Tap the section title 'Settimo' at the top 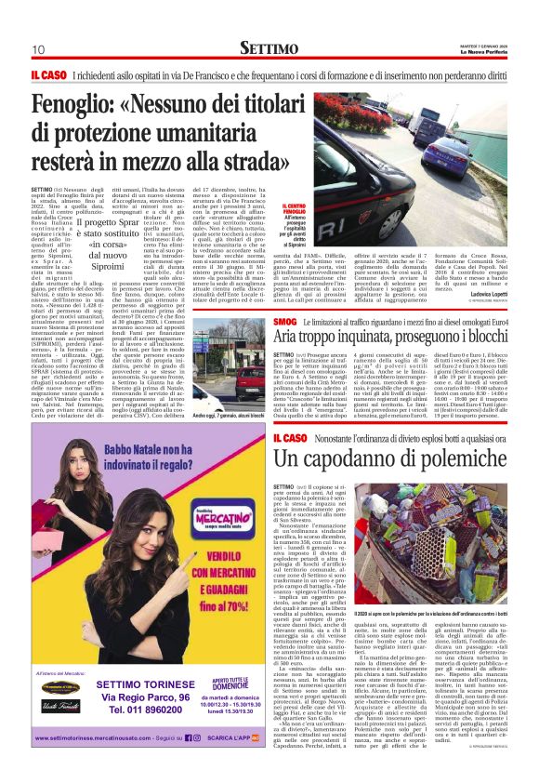tap(269, 47)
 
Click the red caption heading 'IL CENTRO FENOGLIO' tap(295, 209)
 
